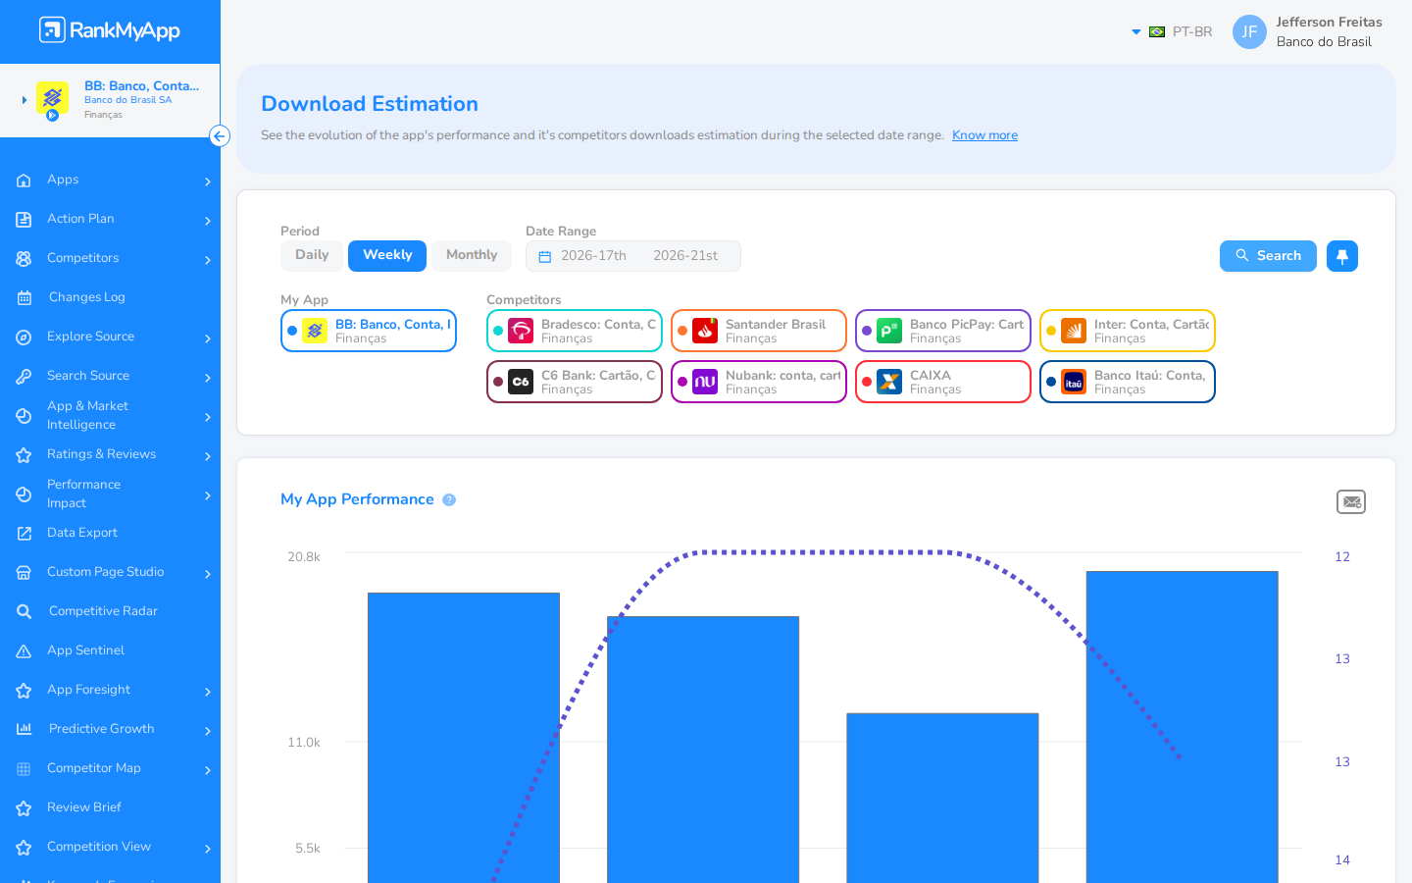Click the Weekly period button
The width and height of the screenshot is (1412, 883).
coord(387,255)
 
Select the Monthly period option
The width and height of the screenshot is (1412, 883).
coord(472,255)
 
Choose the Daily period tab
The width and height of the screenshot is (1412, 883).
coord(312,255)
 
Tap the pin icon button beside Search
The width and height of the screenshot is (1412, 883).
coord(1342,256)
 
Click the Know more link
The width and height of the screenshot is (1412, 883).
coord(984,135)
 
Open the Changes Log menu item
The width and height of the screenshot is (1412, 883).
coord(87,297)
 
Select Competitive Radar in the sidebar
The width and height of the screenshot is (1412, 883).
coord(103,611)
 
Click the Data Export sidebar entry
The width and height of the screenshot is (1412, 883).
coord(82,533)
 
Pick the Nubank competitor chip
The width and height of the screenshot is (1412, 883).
coord(758,382)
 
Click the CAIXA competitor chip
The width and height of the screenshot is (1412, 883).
coord(943,382)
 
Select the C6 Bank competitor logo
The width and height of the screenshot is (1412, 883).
coord(521,382)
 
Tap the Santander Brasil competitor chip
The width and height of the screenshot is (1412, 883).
coord(758,331)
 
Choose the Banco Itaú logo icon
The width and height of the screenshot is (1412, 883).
coord(1074,382)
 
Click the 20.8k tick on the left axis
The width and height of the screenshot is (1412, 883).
coord(304,557)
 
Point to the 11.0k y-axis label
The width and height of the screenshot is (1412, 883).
coord(304,743)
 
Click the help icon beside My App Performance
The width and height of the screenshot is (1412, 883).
coord(449,500)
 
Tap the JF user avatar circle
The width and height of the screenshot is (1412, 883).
coord(1249,31)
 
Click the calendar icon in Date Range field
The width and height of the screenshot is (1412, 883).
coord(544,257)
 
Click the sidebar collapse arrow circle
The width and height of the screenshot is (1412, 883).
coord(220,136)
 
